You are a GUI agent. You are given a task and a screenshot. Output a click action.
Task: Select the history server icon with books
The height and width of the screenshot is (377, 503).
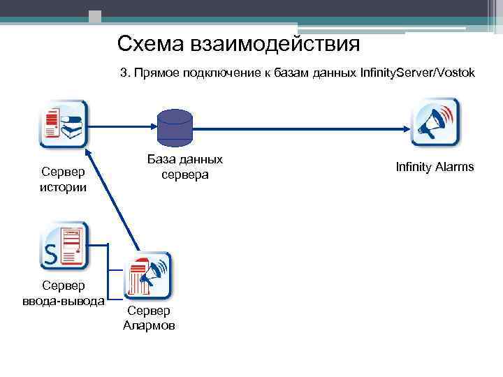pos(64,124)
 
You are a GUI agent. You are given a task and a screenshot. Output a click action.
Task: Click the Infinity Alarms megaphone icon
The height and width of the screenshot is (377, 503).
pos(435,123)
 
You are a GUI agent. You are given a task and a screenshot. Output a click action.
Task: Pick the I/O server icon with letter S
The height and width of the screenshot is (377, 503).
pos(64,245)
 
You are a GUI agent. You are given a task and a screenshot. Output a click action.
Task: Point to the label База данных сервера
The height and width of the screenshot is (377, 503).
pos(185,166)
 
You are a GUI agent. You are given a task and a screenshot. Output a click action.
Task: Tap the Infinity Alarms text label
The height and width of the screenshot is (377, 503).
pos(435,167)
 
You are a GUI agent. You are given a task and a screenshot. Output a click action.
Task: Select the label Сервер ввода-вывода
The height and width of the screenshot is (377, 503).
pos(63,293)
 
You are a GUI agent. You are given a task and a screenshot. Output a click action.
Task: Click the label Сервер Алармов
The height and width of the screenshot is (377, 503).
pos(149,318)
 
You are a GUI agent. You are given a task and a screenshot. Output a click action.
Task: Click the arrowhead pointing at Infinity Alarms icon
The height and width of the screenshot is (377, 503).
pos(406,127)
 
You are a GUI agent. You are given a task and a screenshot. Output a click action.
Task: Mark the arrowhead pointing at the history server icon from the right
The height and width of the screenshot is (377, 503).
pos(94,127)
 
